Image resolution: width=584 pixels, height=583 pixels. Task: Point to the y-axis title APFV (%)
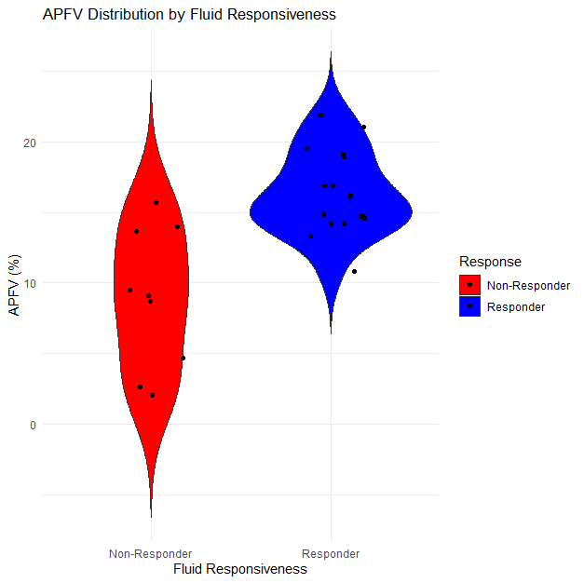point(15,283)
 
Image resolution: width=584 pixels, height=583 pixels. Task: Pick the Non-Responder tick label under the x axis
point(151,553)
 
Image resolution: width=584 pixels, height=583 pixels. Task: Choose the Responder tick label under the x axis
point(331,553)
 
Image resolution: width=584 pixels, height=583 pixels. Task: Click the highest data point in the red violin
point(156,202)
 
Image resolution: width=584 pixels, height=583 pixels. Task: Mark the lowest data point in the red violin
point(152,395)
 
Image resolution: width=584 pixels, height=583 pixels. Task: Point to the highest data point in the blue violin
point(321,115)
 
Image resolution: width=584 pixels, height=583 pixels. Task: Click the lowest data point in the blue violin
point(354,271)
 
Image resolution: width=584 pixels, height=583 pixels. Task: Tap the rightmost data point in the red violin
point(183,358)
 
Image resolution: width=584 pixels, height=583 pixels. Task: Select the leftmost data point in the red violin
point(130,290)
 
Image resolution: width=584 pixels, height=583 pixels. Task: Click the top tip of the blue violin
point(331,53)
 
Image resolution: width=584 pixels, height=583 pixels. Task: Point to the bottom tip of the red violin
point(151,516)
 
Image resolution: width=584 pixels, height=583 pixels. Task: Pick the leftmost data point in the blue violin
point(306,148)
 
